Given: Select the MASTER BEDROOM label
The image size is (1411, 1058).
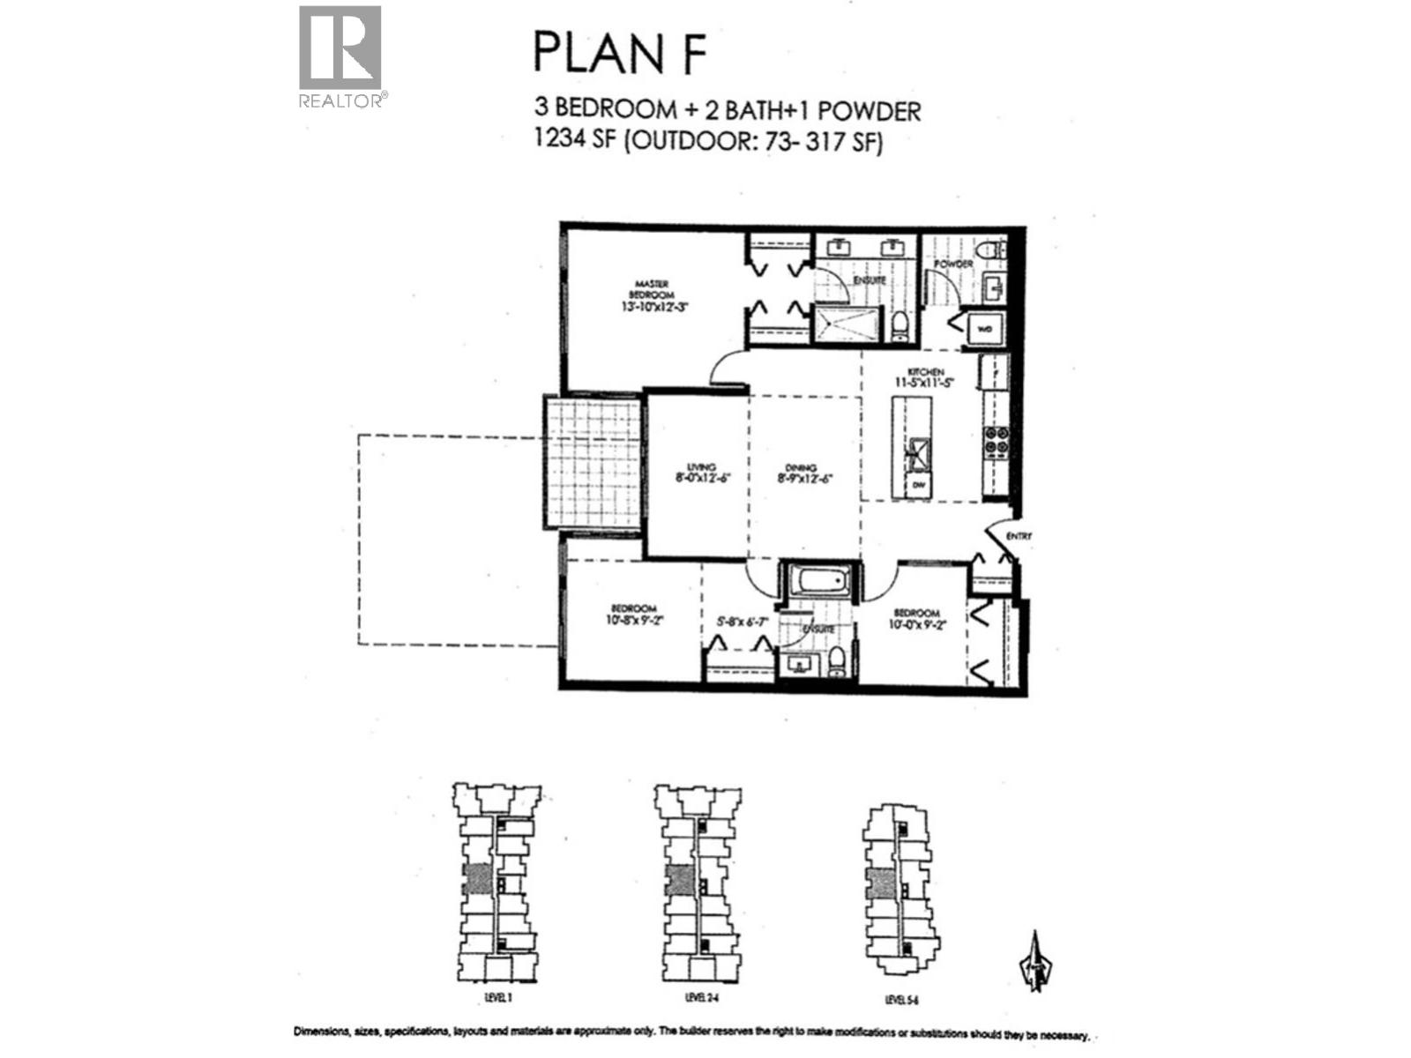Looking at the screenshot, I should (652, 289).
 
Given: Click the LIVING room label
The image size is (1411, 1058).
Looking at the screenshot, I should (702, 467).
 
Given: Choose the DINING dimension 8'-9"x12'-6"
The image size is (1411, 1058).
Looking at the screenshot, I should (804, 480).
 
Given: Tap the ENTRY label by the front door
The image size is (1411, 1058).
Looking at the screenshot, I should (1018, 536).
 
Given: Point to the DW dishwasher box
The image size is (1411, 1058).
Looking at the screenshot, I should (917, 485).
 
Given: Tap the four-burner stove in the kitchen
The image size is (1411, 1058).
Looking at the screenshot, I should (997, 440).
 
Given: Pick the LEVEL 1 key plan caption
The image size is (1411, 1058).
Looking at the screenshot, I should (497, 997).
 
